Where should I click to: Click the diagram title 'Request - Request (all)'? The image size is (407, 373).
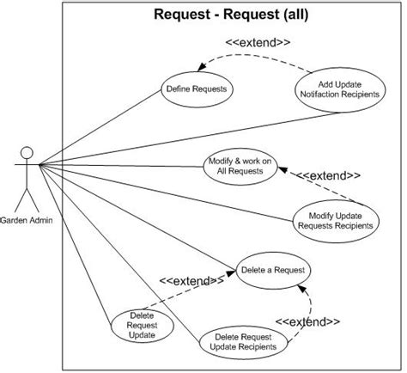(x=231, y=14)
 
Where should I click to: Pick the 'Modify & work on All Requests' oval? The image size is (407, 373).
(x=240, y=166)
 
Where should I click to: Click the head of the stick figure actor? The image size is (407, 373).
(x=27, y=154)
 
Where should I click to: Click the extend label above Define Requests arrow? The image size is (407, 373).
(x=258, y=41)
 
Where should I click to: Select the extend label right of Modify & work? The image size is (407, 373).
(x=329, y=174)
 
